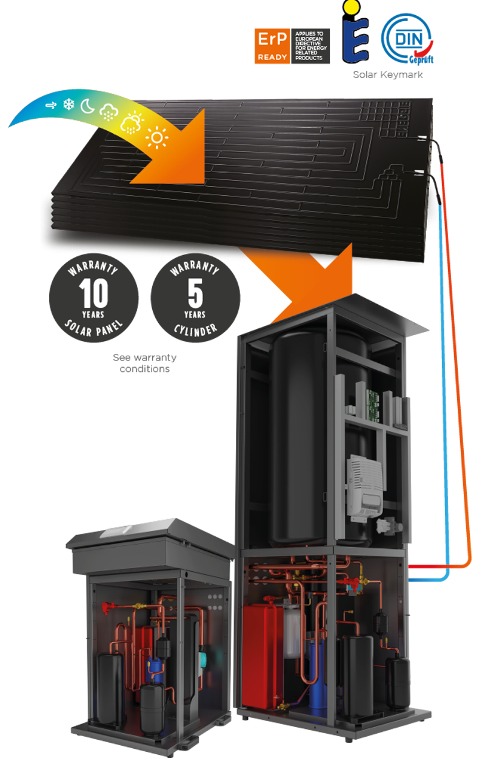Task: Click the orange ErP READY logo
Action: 272,46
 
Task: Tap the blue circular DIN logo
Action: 406,39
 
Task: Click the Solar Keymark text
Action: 388,75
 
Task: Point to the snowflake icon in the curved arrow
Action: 69,105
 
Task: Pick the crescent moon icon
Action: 89,107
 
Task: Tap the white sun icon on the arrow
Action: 157,139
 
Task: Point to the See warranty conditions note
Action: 144,363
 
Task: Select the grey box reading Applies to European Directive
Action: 312,46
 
